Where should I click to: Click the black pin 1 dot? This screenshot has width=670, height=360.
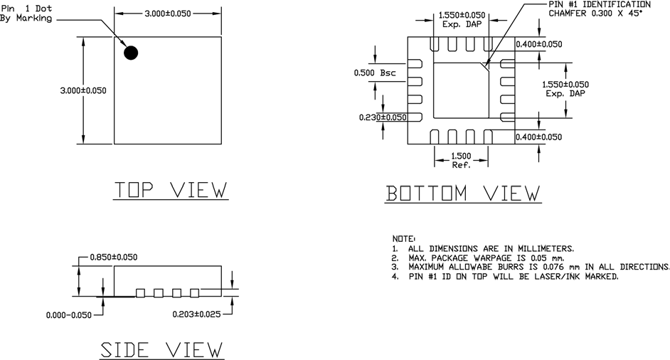pyautogui.click(x=131, y=52)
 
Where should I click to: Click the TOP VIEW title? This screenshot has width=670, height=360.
pyautogui.click(x=171, y=190)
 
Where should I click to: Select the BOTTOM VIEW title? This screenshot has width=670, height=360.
pyautogui.click(x=463, y=194)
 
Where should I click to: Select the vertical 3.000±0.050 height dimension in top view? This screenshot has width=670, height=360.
pyautogui.click(x=84, y=90)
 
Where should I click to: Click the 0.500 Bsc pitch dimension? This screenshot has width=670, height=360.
pyautogui.click(x=375, y=73)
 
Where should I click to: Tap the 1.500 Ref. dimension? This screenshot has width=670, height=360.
pyautogui.click(x=461, y=160)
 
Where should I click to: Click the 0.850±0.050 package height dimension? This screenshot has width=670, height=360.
pyautogui.click(x=113, y=257)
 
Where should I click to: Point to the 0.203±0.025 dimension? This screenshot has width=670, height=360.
pyautogui.click(x=196, y=313)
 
